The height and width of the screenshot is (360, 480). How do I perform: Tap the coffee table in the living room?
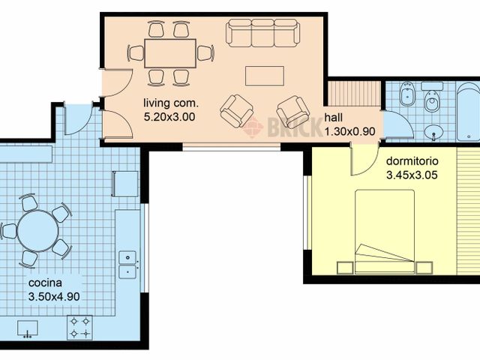(265, 76)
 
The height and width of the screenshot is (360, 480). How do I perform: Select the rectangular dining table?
(169, 53)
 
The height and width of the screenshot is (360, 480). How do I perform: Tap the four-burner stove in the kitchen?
(79, 326)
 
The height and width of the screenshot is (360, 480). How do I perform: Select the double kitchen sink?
(128, 264)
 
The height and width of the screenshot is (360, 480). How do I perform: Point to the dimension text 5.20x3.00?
(169, 117)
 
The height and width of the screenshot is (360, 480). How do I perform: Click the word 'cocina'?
(45, 283)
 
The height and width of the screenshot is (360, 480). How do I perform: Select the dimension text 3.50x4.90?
(54, 296)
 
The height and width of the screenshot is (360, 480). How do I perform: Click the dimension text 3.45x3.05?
(412, 175)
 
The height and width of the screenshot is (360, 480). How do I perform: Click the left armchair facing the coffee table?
(236, 111)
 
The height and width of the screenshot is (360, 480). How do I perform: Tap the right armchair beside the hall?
(293, 112)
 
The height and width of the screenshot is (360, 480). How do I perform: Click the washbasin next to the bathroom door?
(433, 133)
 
